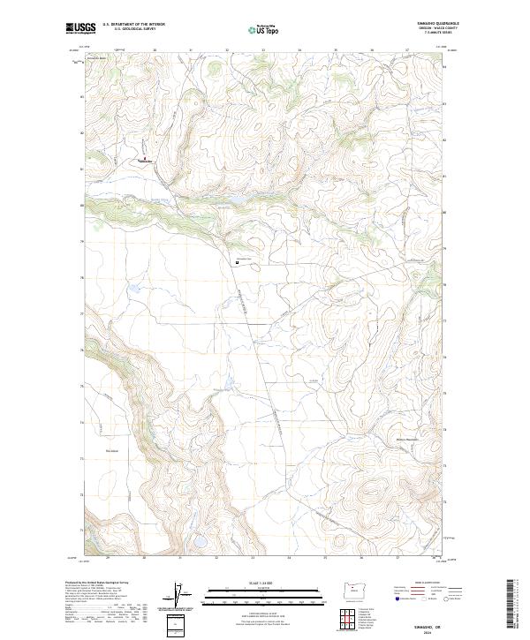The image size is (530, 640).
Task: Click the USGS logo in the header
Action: point(80,29)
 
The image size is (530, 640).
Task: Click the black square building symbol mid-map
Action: point(237,261)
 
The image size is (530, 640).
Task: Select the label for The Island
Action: point(111,450)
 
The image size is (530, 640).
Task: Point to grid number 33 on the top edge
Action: point(263,50)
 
